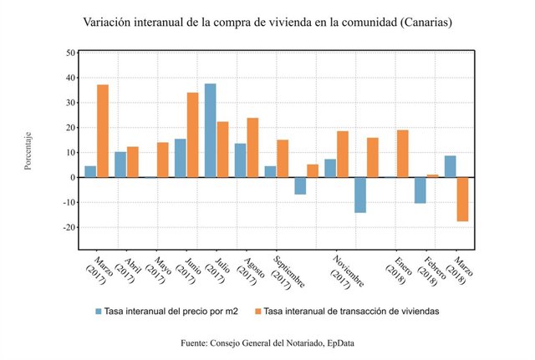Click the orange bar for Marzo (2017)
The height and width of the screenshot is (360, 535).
point(103,131)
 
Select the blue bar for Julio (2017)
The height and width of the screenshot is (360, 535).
point(211,130)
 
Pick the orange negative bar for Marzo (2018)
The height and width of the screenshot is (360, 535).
point(462,199)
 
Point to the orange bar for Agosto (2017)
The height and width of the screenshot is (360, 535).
point(252,148)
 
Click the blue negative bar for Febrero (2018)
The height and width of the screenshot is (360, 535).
point(420,190)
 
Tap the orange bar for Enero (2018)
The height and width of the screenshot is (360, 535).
point(402,154)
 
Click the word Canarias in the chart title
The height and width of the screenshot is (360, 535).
point(425,23)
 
